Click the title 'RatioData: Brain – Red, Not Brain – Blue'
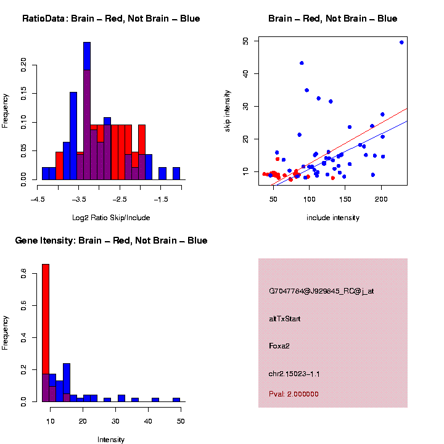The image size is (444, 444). [111, 18]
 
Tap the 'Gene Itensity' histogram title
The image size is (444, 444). [111, 240]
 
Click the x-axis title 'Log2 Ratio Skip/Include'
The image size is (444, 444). [110, 218]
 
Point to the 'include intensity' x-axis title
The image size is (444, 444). [333, 218]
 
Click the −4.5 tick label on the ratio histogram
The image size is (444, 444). [38, 199]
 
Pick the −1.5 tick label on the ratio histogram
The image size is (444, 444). [162, 199]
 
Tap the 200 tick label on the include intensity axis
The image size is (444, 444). [381, 199]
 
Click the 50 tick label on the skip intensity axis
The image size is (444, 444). [245, 41]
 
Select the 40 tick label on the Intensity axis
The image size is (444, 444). [149, 421]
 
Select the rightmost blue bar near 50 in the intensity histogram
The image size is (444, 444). [176, 400]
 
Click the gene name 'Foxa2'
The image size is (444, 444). [279, 346]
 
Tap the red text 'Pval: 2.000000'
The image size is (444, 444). [294, 394]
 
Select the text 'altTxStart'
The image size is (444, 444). [284, 319]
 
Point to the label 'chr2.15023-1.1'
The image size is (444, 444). [294, 374]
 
